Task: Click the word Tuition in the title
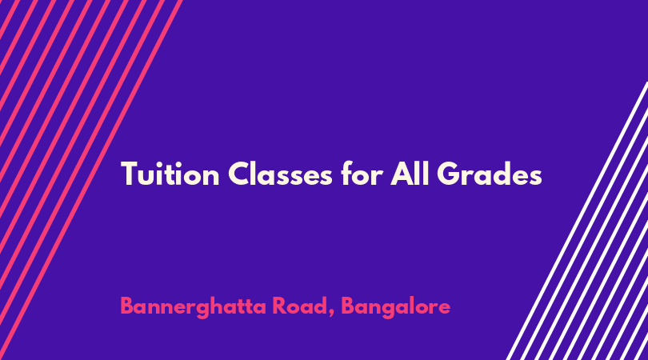(170, 174)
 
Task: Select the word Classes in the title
(280, 174)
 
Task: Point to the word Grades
(490, 174)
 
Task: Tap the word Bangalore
(395, 307)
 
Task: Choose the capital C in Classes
(239, 174)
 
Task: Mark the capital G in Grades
(449, 174)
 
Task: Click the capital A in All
(402, 174)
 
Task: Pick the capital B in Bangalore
(348, 306)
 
